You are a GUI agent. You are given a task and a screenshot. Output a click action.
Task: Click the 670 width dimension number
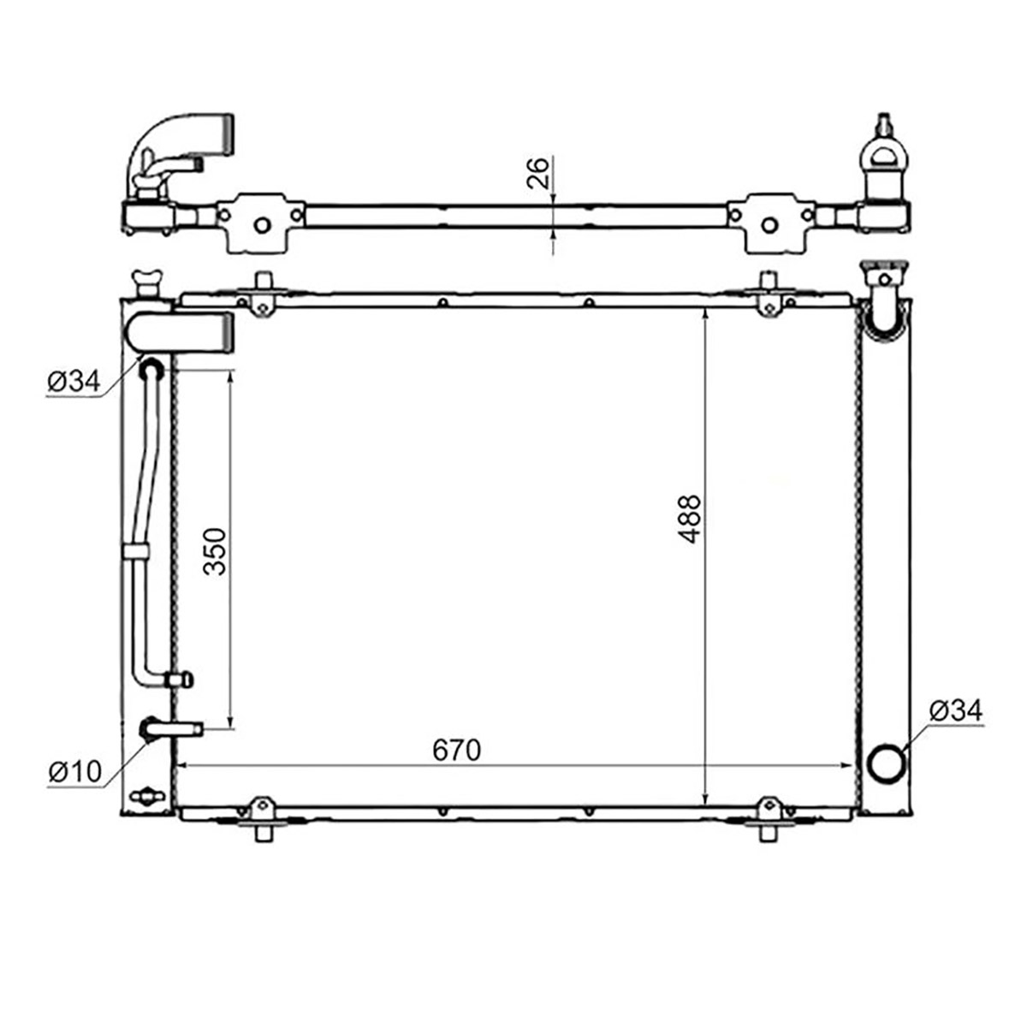(x=457, y=750)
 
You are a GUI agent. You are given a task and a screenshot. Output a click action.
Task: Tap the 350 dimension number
(x=216, y=551)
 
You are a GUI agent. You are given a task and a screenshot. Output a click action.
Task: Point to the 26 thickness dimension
(x=537, y=173)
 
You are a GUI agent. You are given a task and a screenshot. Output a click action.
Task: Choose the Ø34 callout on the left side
(x=74, y=382)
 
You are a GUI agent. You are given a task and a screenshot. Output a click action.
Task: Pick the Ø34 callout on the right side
(x=956, y=711)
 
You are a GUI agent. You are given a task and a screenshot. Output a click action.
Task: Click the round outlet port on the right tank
(x=887, y=763)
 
